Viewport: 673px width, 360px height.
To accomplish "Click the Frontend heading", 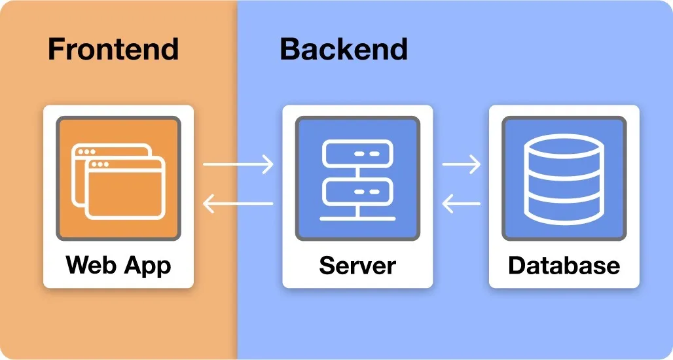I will click(113, 50).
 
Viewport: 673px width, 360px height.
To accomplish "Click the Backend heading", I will click(344, 50).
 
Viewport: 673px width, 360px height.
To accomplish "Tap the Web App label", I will click(118, 265).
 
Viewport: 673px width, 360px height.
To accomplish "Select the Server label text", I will click(357, 265).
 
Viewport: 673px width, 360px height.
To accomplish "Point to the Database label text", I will click(564, 265).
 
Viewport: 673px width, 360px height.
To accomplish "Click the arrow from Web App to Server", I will click(238, 164).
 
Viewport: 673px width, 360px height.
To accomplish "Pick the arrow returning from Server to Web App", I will click(238, 204).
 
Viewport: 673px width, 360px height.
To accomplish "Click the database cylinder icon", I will click(564, 179).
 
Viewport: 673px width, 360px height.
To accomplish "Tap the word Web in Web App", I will click(92, 265).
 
